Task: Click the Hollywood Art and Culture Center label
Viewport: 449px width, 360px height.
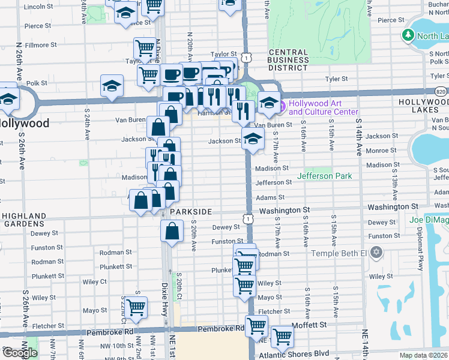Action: [323, 107]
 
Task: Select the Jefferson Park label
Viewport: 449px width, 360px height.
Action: [324, 176]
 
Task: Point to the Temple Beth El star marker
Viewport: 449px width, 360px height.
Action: [376, 251]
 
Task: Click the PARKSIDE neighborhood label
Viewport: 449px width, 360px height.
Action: [191, 212]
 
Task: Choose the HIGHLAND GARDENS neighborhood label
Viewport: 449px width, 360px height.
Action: [24, 220]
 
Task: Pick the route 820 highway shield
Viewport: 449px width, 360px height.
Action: [441, 91]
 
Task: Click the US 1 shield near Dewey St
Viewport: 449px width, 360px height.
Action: [247, 220]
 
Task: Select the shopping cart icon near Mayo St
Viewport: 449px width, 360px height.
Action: [136, 307]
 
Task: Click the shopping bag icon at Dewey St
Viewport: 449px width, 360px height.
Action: [172, 231]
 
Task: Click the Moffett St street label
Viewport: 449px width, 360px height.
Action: [309, 325]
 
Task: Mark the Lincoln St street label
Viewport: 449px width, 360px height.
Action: [39, 7]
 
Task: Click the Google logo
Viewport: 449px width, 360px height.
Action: [20, 353]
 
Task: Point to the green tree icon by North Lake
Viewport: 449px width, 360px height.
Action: [409, 35]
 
